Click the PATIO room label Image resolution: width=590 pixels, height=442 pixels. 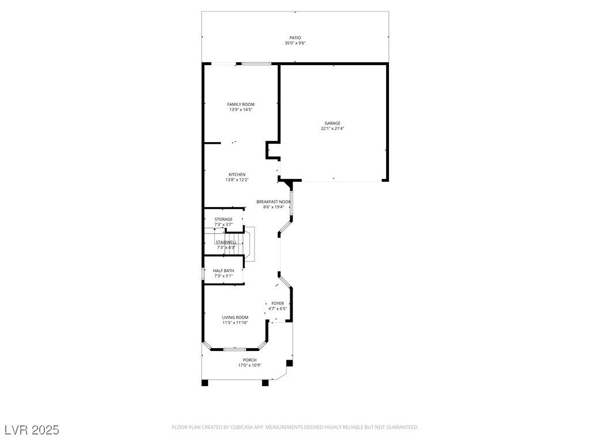point(295,38)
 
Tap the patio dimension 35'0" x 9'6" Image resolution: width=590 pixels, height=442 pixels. point(295,43)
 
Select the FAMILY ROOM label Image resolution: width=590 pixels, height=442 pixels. point(241,105)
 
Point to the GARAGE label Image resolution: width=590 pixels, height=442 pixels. point(332,123)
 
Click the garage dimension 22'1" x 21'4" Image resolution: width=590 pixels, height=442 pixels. point(332,128)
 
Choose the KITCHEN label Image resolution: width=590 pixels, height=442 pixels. point(237,175)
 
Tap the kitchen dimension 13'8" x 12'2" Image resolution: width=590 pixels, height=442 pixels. point(237,180)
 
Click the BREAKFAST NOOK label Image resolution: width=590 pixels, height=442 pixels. point(274,202)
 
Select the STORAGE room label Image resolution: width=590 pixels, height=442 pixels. point(224,219)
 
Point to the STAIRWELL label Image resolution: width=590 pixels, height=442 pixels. point(226,242)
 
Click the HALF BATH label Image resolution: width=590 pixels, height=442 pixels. point(224,271)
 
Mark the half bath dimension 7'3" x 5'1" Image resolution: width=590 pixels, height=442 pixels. point(224,276)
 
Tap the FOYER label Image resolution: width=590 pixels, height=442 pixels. point(278,304)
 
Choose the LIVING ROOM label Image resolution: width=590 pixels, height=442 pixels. point(235,318)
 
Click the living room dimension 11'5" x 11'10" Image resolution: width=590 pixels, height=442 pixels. point(235,323)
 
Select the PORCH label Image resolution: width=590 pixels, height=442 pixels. point(249,360)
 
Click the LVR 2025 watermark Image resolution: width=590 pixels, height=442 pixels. point(32,430)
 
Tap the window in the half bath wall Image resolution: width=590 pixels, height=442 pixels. point(203,273)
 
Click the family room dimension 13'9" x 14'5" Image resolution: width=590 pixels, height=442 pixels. point(241,110)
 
